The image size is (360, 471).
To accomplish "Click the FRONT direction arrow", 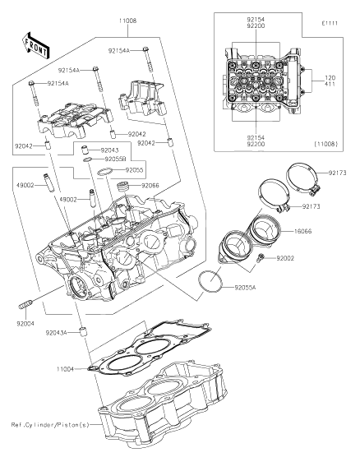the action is tap(35, 45).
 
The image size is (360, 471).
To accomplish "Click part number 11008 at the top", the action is tap(127, 21).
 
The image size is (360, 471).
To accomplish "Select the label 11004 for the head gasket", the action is tap(65, 369).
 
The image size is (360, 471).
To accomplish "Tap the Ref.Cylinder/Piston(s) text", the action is tap(50, 425).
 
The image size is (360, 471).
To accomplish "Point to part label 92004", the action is tap(25, 324).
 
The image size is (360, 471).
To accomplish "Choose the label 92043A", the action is tap(56, 333).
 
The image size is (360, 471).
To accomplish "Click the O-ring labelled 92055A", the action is tap(210, 281).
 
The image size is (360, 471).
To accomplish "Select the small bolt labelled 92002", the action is tap(261, 257).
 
